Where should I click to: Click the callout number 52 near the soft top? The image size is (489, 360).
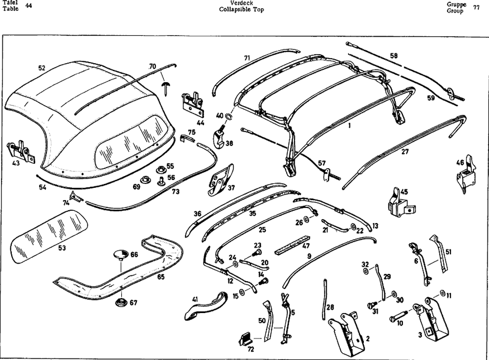coord(42,68)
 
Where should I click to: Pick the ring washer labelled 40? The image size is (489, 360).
coord(227,116)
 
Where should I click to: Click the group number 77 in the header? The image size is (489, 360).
coord(476,7)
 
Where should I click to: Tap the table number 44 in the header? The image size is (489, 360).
coord(28,6)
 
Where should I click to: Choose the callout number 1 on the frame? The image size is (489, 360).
coord(349,125)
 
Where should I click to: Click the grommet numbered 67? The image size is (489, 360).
coord(120,302)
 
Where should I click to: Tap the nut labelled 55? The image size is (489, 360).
coord(160,169)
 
